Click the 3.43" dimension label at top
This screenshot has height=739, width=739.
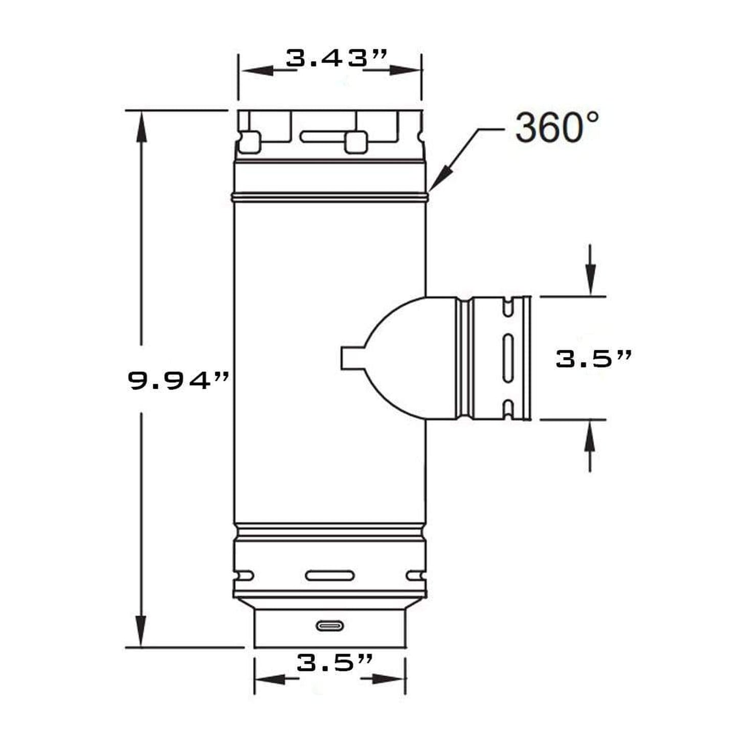336,58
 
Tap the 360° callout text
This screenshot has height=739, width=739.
556,128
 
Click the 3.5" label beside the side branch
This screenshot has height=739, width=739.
593,359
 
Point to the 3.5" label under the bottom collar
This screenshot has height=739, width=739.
334,663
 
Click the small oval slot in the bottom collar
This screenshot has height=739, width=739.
330,625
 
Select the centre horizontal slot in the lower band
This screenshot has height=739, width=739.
330,576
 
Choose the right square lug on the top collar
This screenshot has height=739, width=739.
355,142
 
